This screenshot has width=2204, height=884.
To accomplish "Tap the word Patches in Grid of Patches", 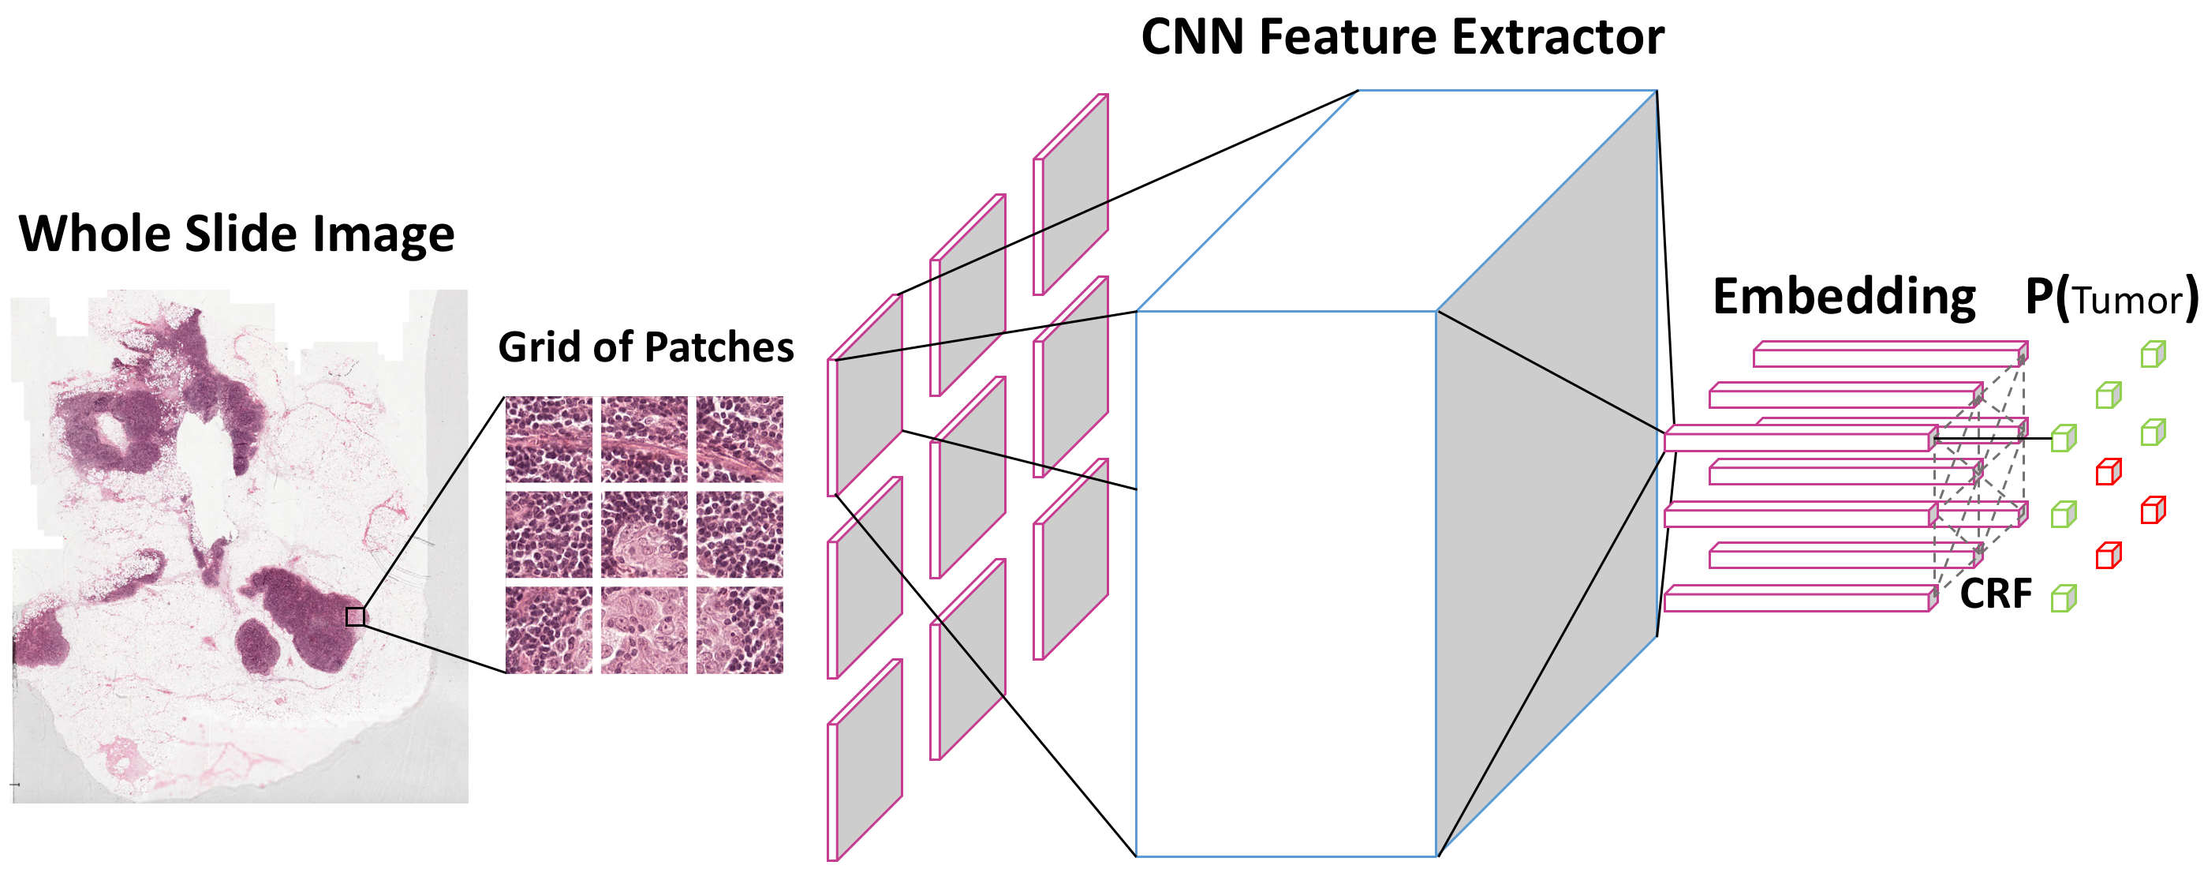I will coord(719,347).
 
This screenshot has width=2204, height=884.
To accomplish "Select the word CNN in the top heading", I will coord(1193,38).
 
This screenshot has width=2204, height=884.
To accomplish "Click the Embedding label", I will coord(1844,297).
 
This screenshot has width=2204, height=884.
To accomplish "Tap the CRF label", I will coord(1995,593).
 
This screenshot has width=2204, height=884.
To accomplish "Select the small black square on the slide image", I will coord(355,616).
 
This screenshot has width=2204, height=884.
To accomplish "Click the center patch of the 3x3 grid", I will coord(644,535).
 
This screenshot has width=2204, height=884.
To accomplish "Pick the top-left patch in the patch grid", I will coord(548,440).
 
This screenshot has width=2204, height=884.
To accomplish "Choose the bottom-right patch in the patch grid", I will coord(739,630).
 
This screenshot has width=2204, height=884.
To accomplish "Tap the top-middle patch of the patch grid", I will coord(644,440).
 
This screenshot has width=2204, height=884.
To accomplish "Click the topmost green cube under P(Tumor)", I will coord(2153,354).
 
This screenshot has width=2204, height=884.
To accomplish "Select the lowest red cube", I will coord(2109,556).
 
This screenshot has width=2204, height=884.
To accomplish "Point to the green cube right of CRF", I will coord(2063,598).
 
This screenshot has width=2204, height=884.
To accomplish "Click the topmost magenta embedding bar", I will coord(1889,354).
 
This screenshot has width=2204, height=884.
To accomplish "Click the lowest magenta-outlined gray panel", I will coord(865,760).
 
